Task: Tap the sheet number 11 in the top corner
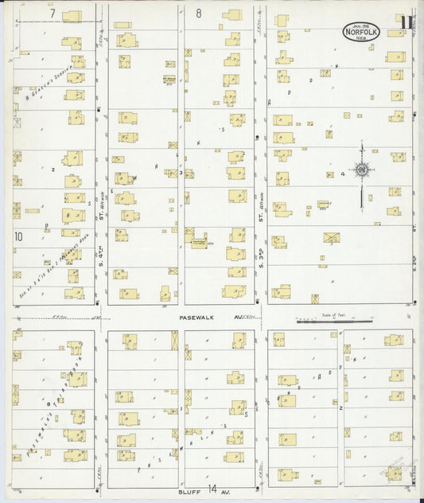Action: pyautogui.click(x=406, y=24)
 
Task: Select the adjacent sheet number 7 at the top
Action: pyautogui.click(x=53, y=14)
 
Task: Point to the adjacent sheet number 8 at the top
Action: pyautogui.click(x=199, y=14)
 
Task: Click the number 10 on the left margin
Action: pyautogui.click(x=18, y=236)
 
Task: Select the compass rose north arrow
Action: pyautogui.click(x=361, y=170)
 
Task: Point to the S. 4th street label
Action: pyautogui.click(x=102, y=260)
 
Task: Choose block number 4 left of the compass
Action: pyautogui.click(x=342, y=173)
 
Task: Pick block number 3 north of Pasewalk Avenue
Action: pyautogui.click(x=181, y=173)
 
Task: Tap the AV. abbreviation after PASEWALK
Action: pyautogui.click(x=238, y=317)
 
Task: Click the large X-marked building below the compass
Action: pyautogui.click(x=331, y=236)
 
